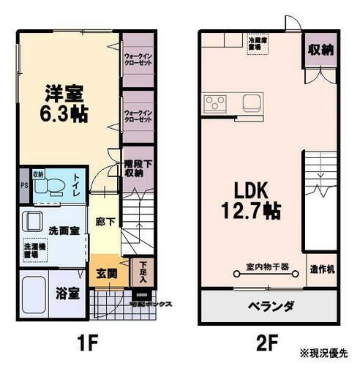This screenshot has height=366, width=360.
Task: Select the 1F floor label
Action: pos(83,341)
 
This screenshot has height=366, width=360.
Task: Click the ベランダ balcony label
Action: pos(269,306)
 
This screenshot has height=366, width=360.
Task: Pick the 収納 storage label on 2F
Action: pos(321,50)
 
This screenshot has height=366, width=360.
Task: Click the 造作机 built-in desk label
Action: pos(322,269)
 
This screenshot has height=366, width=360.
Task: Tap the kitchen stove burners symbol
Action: pos(216,101)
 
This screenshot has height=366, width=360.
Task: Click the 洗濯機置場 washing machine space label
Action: pos(32,249)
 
